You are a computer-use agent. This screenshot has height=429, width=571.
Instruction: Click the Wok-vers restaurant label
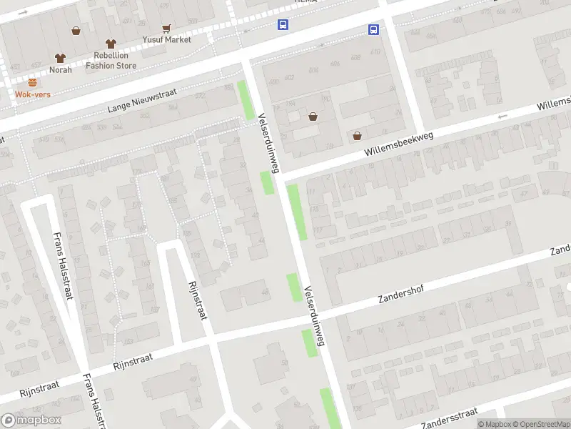click(32, 94)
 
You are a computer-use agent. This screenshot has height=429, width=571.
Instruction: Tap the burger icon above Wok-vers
click(32, 82)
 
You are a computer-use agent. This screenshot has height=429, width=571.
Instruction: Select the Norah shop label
click(61, 69)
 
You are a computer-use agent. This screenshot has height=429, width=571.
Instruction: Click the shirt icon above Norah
click(61, 57)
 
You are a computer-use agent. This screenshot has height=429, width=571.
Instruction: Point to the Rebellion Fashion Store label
click(111, 61)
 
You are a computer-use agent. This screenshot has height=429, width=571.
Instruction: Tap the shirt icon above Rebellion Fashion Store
click(110, 44)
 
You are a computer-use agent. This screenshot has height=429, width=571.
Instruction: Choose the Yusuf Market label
click(166, 39)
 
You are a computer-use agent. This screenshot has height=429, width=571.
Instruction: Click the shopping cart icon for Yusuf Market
click(166, 29)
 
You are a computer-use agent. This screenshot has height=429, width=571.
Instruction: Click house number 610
click(374, 52)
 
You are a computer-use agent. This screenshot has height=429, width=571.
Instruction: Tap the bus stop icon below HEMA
click(283, 25)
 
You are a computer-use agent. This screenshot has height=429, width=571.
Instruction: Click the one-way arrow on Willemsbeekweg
click(503, 116)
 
